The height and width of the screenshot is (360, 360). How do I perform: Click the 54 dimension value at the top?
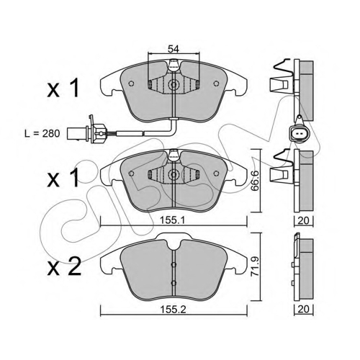tap(174, 49)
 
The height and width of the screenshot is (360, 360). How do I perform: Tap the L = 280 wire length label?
tap(42, 134)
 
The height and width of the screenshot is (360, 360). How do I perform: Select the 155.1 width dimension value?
tap(173, 220)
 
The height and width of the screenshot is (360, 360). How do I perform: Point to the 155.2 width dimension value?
tap(173, 310)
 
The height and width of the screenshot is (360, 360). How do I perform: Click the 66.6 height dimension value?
tap(254, 181)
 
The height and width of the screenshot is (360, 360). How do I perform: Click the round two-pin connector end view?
tap(299, 133)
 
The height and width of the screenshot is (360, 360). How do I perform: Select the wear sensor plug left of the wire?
tap(86, 133)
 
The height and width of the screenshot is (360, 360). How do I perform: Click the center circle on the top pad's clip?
tap(174, 84)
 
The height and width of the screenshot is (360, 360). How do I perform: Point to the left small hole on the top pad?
tap(131, 84)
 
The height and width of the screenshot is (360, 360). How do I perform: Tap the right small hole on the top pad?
tap(216, 84)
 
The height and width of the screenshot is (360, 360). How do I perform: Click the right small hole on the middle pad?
tap(216, 173)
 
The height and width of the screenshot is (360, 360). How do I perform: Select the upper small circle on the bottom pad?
tap(174, 264)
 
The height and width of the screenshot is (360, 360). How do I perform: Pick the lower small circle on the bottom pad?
tap(174, 283)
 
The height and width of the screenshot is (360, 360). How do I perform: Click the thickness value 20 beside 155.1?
tap(303, 220)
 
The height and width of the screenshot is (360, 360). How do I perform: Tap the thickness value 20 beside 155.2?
tap(303, 309)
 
